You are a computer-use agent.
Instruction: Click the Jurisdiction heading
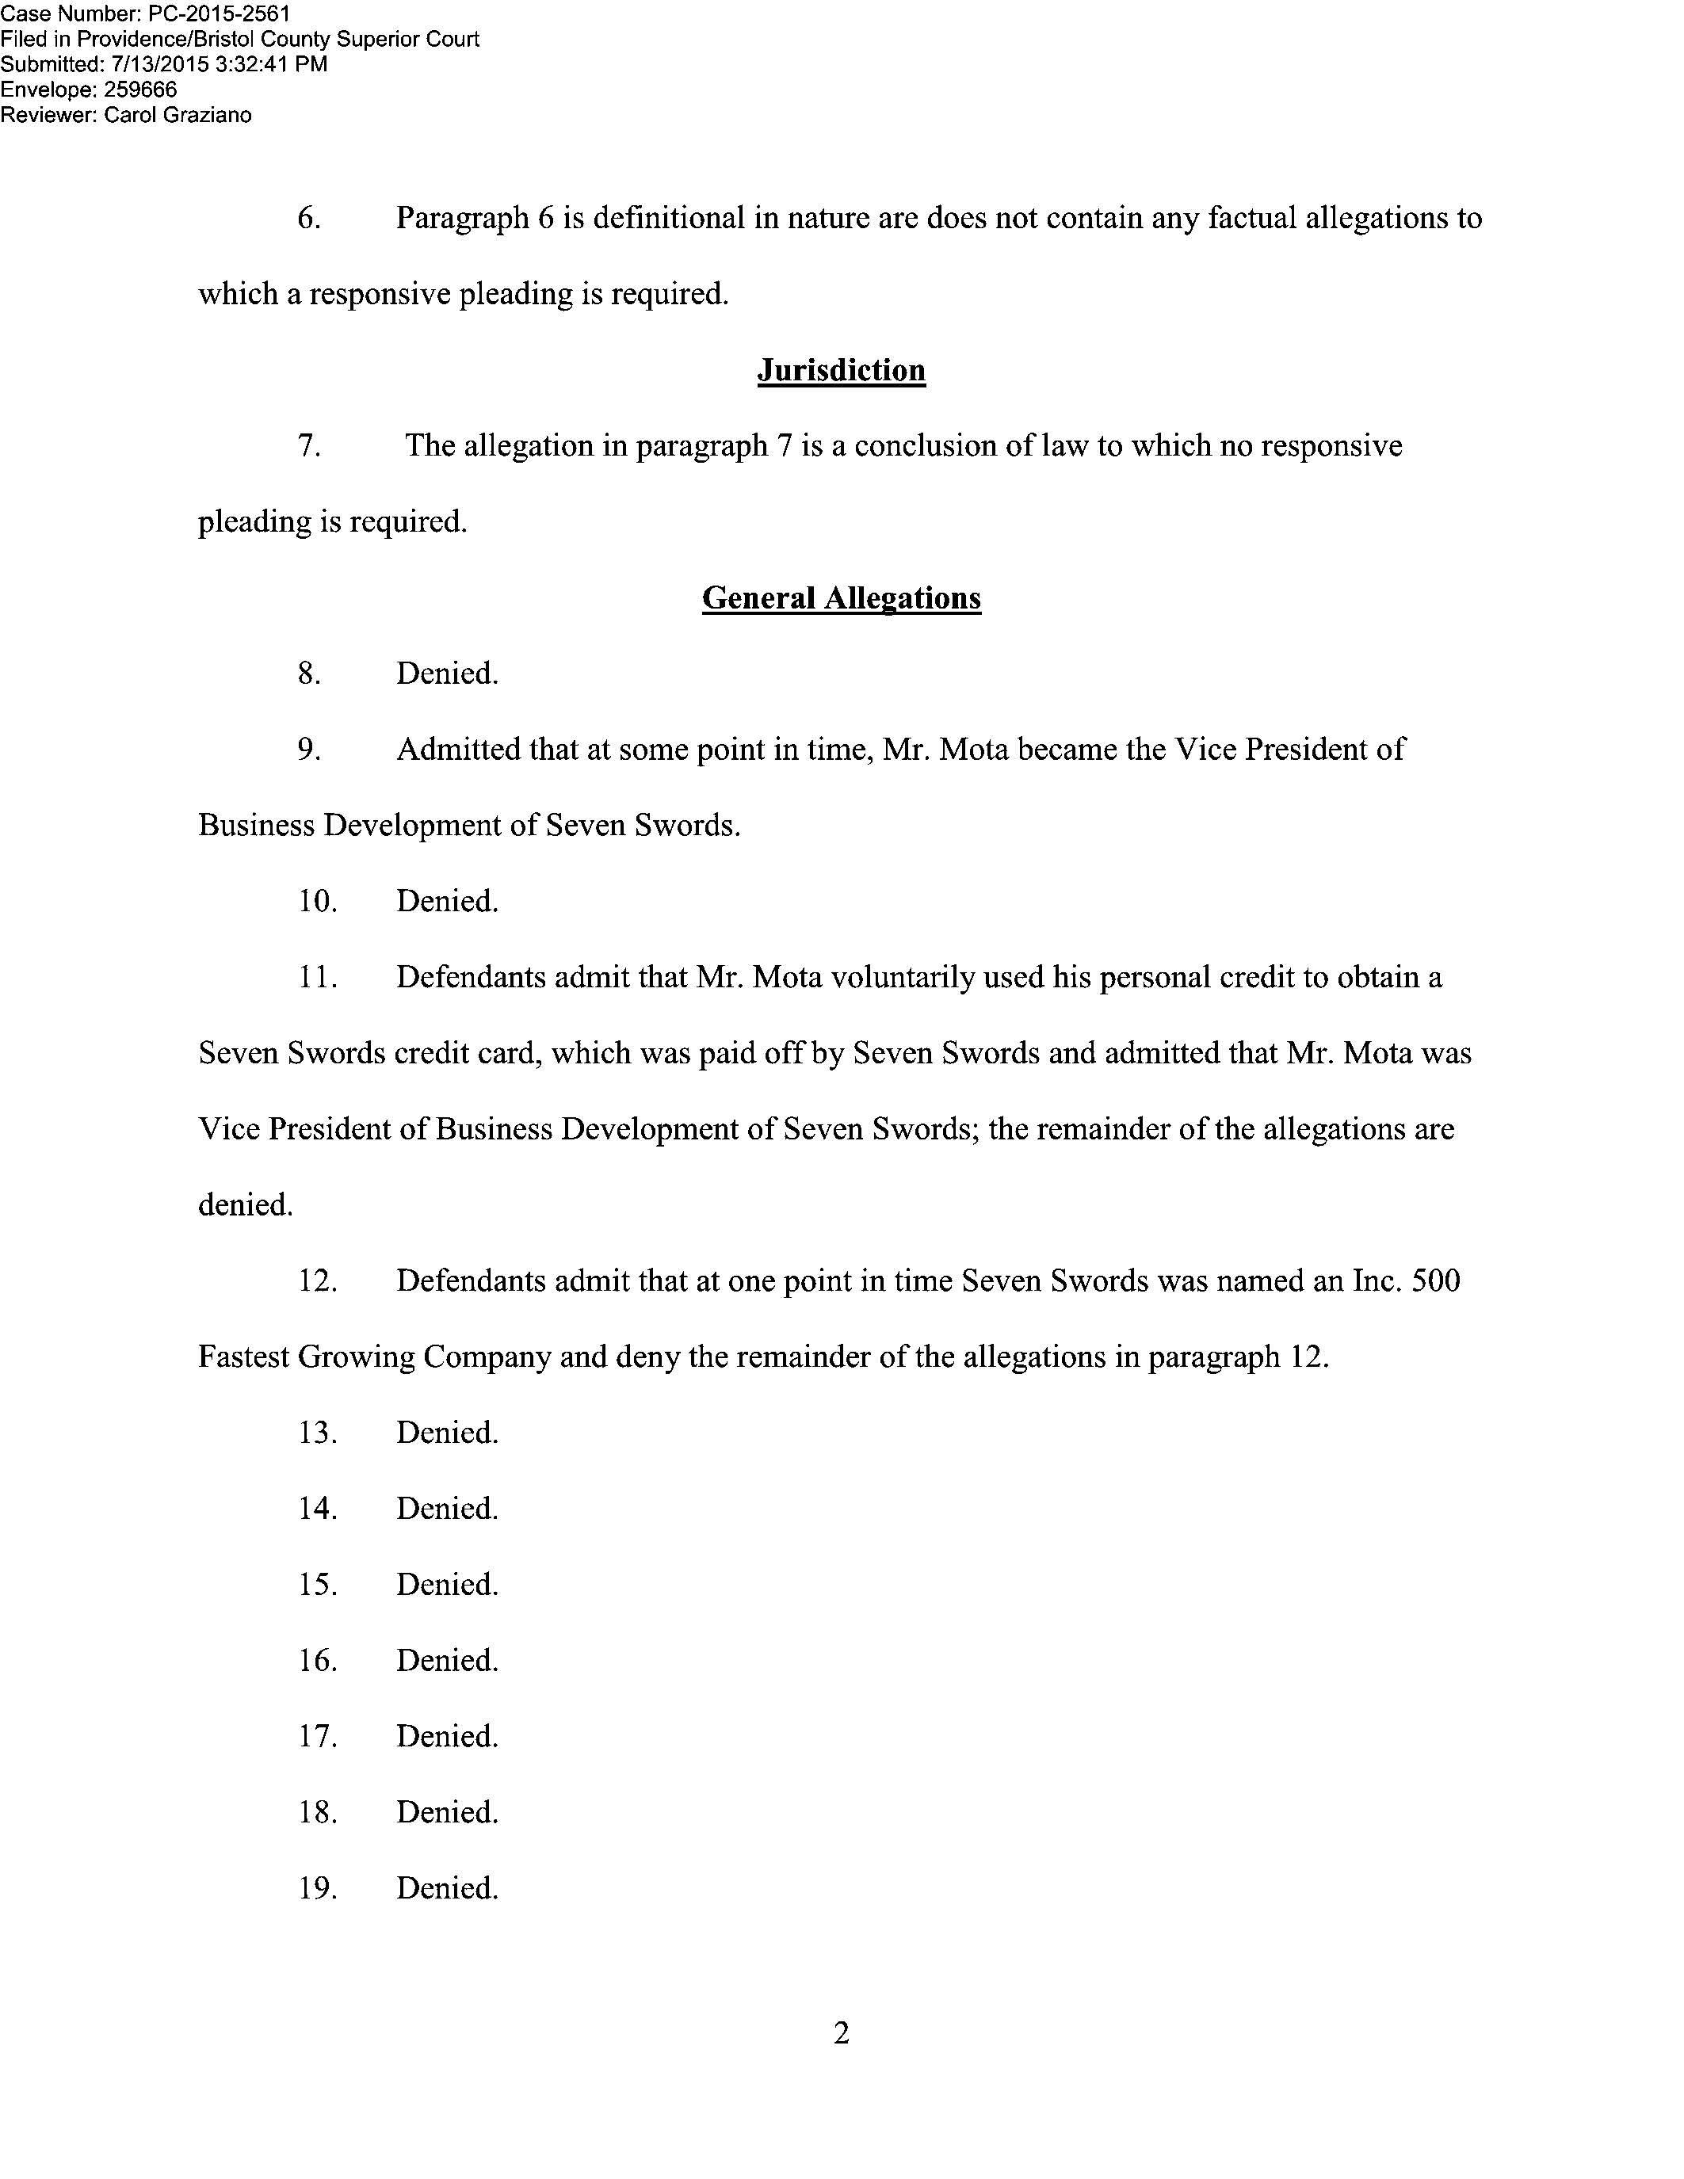coord(841,370)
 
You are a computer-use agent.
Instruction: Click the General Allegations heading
coord(841,597)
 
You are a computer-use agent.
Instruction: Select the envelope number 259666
coord(141,90)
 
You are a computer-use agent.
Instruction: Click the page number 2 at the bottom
coord(841,2032)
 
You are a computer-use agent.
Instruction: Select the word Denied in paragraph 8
coord(446,674)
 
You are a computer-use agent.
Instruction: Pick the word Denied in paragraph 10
coord(446,901)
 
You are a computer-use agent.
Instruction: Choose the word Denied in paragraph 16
coord(446,1660)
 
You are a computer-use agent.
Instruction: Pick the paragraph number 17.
coord(317,1736)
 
